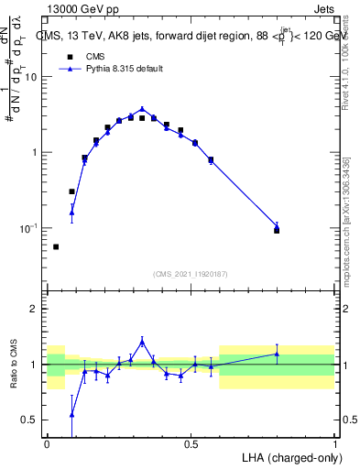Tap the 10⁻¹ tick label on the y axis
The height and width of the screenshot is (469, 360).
coord(29,228)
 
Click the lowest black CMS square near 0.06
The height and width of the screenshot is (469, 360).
coord(56,246)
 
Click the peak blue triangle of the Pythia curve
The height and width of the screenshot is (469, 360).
coord(142,109)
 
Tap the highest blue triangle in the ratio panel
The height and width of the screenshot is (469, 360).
coord(142,341)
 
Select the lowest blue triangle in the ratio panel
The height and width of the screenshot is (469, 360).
coord(71,414)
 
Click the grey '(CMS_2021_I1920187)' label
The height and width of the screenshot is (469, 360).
coord(190,274)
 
